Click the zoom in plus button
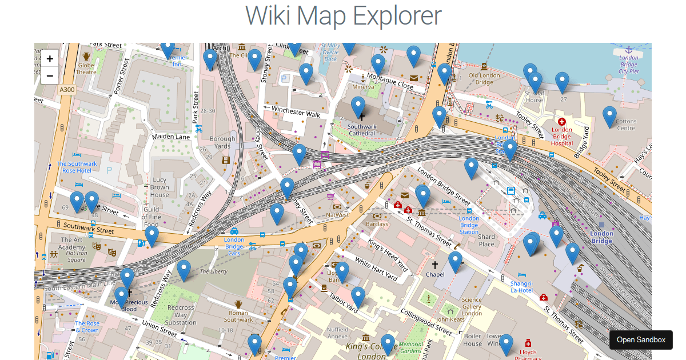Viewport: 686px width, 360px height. tap(50, 58)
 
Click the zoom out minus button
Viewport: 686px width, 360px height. tap(50, 75)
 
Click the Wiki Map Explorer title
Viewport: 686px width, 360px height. tap(343, 15)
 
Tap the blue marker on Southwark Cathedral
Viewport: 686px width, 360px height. tap(358, 107)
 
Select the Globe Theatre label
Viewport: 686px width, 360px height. tap(86, 69)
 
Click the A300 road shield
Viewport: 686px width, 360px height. tap(67, 90)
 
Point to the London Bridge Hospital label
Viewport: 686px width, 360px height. tap(561, 137)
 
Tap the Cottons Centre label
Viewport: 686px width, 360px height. tap(626, 125)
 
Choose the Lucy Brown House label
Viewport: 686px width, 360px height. tap(159, 187)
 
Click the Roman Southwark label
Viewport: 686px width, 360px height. tap(238, 316)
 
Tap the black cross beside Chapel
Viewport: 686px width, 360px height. tap(435, 265)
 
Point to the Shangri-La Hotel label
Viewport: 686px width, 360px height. tap(521, 287)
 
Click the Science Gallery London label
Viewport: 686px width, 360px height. tap(472, 306)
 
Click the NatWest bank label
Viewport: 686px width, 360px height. tap(337, 215)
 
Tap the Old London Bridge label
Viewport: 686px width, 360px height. tap(484, 79)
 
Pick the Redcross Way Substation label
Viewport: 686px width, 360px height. tap(181, 315)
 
